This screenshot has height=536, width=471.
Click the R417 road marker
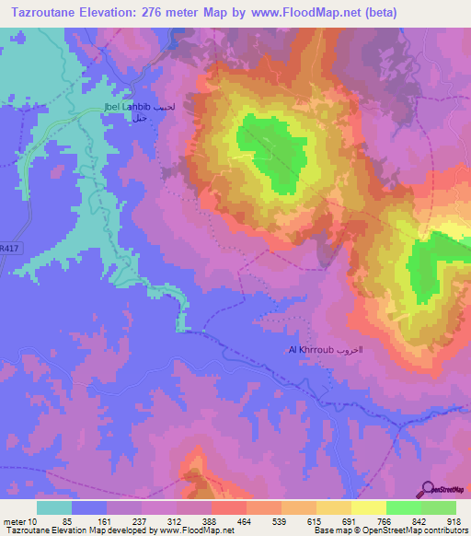8,249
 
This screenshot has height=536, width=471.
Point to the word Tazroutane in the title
44,13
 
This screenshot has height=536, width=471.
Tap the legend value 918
454,521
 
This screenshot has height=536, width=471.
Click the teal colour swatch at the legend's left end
54,507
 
